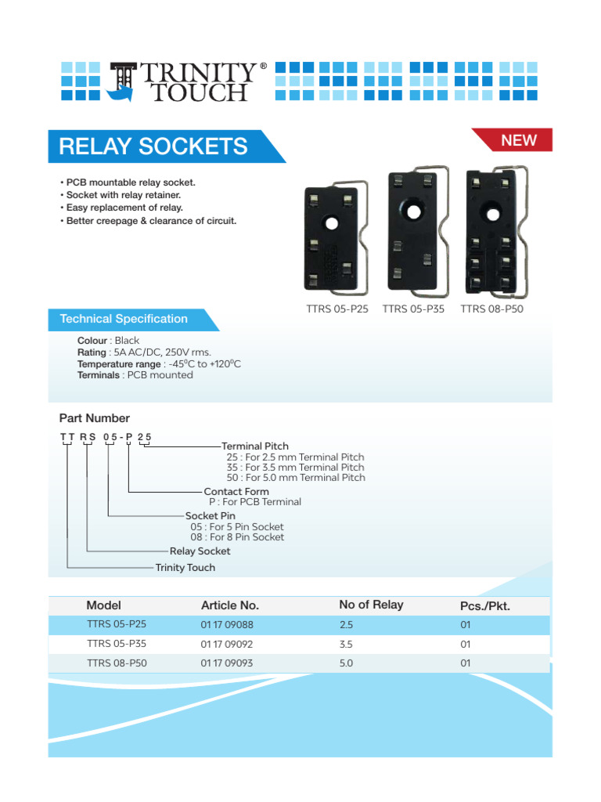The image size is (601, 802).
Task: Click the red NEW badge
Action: [518, 140]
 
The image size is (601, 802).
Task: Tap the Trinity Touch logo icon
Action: [123, 81]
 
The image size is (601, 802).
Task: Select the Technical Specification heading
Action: [124, 319]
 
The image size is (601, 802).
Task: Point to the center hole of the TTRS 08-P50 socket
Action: [491, 213]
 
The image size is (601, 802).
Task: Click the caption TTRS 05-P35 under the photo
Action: [413, 309]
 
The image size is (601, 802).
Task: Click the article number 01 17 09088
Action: [227, 625]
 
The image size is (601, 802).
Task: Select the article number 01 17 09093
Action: [227, 663]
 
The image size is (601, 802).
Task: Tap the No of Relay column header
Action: [371, 605]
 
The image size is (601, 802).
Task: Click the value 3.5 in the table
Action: [346, 645]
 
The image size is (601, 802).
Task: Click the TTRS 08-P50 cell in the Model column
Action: [117, 663]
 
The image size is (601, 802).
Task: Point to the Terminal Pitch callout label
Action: [255, 446]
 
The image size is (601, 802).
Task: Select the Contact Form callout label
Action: [236, 492]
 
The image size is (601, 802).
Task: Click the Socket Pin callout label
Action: [211, 515]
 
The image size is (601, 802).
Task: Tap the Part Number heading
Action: [95, 418]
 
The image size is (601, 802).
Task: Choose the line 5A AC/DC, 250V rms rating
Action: [144, 352]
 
